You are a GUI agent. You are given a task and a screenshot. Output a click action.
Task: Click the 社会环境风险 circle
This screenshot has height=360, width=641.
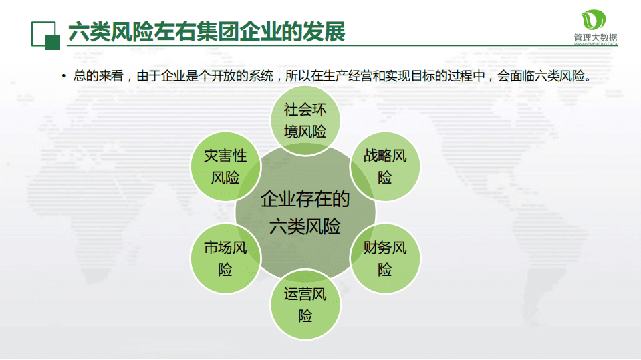(305, 120)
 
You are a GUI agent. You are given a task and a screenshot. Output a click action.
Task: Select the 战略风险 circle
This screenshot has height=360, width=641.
(386, 167)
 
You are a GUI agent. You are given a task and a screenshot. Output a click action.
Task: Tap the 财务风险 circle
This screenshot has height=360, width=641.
(386, 259)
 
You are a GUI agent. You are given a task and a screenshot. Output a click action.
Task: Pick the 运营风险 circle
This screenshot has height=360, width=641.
(305, 305)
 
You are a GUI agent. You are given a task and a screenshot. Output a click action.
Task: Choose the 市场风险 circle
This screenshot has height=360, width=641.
(225, 259)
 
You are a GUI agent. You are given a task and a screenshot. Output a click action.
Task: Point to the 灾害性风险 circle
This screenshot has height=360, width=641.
(225, 167)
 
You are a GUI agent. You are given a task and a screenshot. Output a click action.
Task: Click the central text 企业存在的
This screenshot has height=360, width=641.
(305, 199)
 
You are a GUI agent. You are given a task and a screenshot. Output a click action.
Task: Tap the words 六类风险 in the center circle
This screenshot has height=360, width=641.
(305, 226)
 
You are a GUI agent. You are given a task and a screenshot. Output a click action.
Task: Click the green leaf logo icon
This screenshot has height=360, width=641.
(596, 20)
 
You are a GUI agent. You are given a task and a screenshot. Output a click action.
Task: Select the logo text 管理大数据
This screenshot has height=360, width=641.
(596, 37)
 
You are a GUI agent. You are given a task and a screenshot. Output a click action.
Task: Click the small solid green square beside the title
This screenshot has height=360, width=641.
(52, 42)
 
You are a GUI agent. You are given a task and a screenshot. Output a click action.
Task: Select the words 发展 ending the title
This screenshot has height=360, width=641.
(327, 31)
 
